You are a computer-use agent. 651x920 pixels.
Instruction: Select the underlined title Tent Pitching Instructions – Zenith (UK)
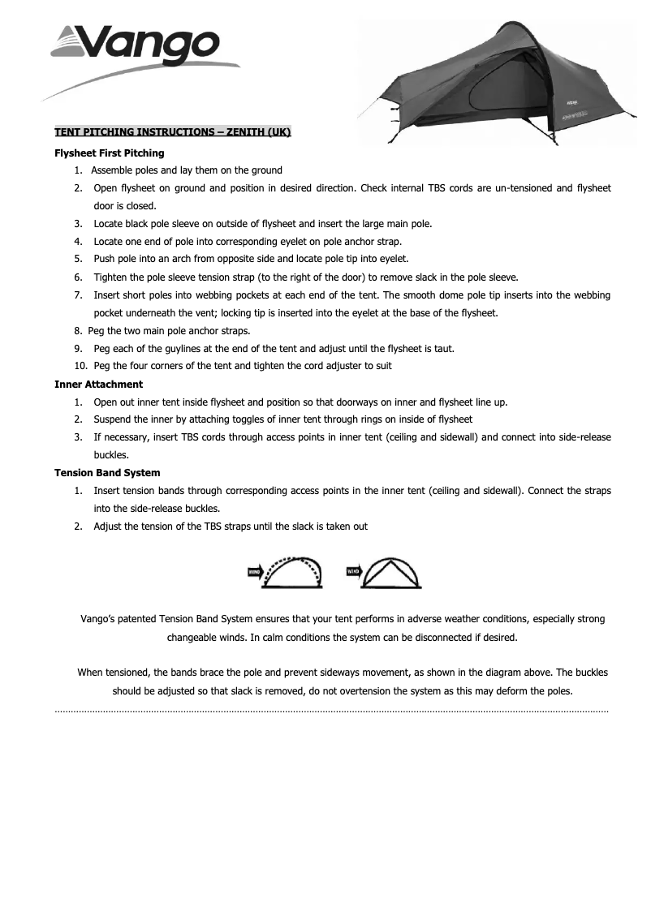[172, 132]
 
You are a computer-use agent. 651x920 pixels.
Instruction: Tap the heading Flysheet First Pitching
[109, 153]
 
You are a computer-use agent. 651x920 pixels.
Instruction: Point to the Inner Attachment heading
[98, 384]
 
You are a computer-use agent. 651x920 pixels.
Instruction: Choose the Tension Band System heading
[107, 472]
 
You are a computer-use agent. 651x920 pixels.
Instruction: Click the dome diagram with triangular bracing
[393, 573]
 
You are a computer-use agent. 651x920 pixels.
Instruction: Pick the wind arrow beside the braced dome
[353, 572]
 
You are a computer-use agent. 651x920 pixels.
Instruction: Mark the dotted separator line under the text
[331, 711]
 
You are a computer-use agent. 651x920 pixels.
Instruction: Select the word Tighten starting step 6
[111, 277]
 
